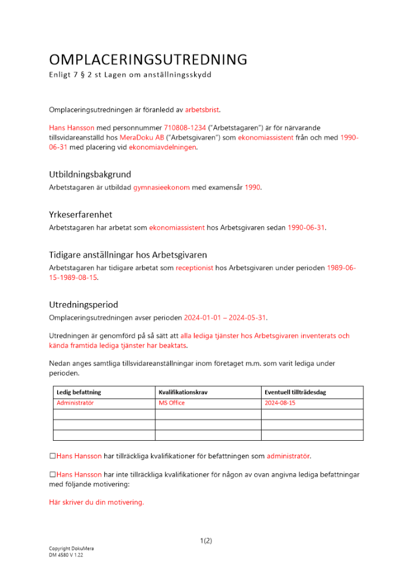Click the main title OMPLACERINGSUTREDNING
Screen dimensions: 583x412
[148, 59]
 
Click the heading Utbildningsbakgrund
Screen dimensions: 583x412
[90, 174]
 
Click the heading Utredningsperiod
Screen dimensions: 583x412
[83, 304]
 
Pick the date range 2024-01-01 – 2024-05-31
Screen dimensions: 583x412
[226, 317]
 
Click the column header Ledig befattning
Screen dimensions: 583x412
[79, 392]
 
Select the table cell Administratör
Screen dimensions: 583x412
[75, 403]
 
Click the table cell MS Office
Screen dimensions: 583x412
[172, 403]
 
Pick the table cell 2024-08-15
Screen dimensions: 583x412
[280, 403]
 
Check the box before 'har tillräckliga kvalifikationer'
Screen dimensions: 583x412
[52, 455]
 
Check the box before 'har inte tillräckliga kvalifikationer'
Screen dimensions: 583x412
[52, 475]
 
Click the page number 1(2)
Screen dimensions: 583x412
[206, 540]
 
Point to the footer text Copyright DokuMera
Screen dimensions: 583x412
[71, 549]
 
